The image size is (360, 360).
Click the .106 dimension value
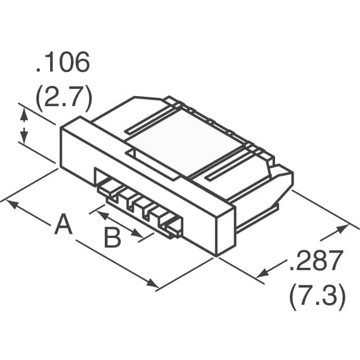(62, 64)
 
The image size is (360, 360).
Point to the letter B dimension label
(113, 238)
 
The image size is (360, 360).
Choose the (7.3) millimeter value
(317, 297)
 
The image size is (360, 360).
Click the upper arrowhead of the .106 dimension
(23, 114)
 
